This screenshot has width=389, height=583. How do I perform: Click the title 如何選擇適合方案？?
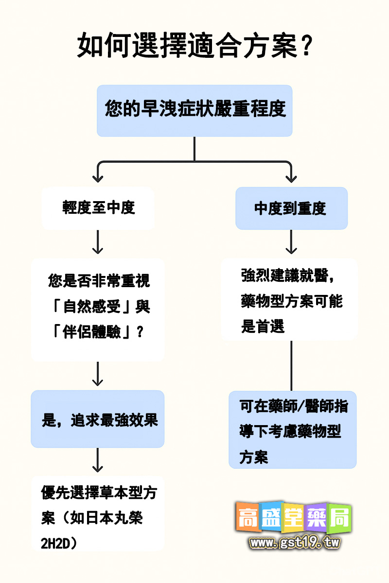pyautogui.click(x=194, y=46)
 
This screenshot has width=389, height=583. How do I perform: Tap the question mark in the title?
pyautogui.click(x=305, y=46)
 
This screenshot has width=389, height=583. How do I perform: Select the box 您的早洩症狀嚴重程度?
pyautogui.click(x=194, y=111)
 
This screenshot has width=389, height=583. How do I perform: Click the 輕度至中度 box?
pyautogui.click(x=98, y=208)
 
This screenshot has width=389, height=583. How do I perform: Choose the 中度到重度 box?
pyautogui.click(x=291, y=208)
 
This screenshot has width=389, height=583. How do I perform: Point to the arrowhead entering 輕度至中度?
pyautogui.click(x=98, y=176)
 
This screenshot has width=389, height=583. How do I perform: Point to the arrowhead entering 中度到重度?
pyautogui.click(x=291, y=176)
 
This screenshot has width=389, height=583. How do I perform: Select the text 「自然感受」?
pyautogui.click(x=93, y=307)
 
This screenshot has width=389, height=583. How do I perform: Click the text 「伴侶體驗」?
pyautogui.click(x=93, y=332)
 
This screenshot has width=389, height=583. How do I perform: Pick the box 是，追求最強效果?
pyautogui.click(x=98, y=419)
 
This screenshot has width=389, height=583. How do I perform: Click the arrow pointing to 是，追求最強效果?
pyautogui.click(x=98, y=374)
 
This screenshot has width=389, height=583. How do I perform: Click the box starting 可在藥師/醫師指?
pyautogui.click(x=293, y=430)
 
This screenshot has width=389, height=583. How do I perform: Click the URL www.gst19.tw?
pyautogui.click(x=295, y=543)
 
